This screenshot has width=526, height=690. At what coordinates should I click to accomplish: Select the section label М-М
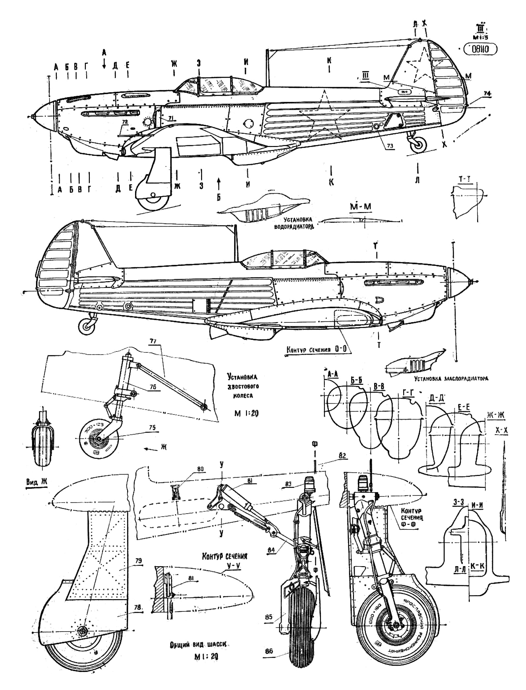[x=361, y=206]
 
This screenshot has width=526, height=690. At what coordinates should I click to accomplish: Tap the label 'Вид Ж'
[x=37, y=482]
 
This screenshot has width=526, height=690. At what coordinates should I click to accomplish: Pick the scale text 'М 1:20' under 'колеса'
[x=243, y=413]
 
